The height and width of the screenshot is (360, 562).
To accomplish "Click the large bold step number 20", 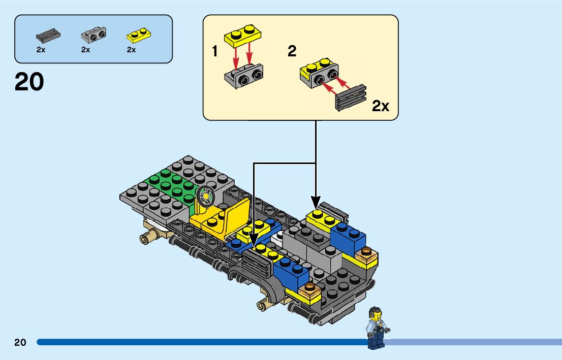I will point(29,82).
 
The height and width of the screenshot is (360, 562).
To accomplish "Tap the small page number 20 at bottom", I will point(20,342).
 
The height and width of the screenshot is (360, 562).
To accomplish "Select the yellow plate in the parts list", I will point(138,35).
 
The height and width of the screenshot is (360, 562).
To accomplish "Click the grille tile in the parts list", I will point(48,36).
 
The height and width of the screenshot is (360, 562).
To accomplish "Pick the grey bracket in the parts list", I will point(93,35).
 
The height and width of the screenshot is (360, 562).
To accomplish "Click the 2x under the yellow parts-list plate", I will point(131,50).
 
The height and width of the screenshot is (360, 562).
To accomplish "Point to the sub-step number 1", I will point(215,51).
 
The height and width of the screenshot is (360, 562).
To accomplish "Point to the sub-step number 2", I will point(292,51).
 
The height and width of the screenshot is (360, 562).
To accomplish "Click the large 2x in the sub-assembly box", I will point(381,106).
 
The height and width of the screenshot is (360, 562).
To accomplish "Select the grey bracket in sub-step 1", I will point(244,76).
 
